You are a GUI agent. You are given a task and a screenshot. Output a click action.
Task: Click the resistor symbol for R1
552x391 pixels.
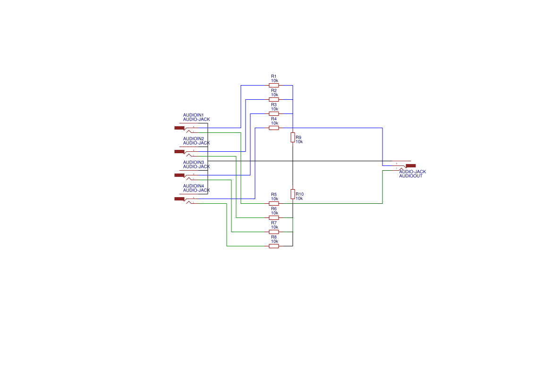point(273,86)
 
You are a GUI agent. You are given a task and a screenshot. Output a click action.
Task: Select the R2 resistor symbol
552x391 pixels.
point(273,100)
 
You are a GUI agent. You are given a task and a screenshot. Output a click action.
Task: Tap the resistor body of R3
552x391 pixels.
point(273,114)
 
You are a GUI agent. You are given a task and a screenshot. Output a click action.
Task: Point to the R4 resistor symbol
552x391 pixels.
point(273,128)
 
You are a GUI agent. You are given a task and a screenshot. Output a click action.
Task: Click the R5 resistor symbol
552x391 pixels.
point(273,204)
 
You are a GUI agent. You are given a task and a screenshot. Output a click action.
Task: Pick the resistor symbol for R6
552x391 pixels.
point(273,218)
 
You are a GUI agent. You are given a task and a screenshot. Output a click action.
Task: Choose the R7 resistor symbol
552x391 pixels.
point(273,232)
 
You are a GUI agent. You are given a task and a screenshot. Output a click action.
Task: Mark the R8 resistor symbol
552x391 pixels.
point(273,246)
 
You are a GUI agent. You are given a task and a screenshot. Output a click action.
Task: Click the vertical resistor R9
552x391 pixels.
point(293,138)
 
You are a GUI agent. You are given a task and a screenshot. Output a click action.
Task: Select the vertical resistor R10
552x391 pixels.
point(293,194)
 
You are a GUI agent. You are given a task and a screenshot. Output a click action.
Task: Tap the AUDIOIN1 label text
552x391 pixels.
point(193,115)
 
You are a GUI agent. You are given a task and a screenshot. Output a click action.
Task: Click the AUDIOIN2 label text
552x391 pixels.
point(193,139)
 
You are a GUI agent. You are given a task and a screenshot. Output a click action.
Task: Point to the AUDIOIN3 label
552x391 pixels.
point(193,162)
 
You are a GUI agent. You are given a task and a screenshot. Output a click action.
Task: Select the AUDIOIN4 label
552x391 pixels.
point(193,186)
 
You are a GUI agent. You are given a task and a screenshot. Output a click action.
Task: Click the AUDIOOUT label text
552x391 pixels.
point(411,176)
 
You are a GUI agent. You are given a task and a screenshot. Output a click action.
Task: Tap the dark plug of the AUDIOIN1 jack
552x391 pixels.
point(179,128)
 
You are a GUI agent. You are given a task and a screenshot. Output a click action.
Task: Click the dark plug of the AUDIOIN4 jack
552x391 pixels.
point(179,199)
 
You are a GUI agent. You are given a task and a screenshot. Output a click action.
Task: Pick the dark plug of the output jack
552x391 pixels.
point(410,165)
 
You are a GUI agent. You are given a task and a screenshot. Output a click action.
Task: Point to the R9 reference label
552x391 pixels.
point(298,137)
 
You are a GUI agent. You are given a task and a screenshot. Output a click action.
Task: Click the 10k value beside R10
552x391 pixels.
point(299,199)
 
